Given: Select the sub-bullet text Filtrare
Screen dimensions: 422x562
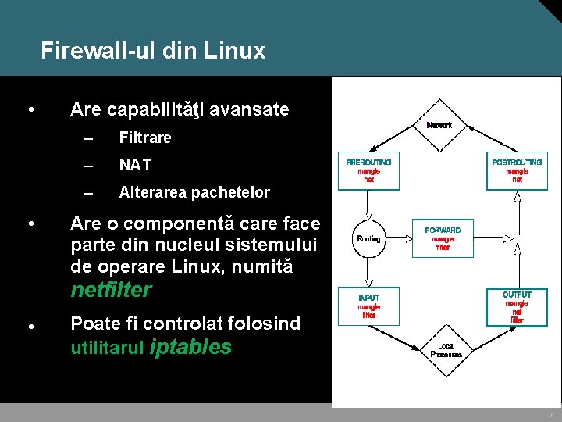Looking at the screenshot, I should (x=145, y=138).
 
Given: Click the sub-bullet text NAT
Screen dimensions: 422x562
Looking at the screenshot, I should (x=135, y=166).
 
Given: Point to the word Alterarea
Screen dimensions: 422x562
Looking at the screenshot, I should (x=152, y=192).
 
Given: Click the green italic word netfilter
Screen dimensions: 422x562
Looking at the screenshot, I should (x=111, y=291).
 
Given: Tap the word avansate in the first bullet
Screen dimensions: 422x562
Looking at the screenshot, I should (x=253, y=110).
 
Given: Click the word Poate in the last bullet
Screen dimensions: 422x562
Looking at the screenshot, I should (x=92, y=324).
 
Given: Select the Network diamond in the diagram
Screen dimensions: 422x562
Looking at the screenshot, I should (x=439, y=125).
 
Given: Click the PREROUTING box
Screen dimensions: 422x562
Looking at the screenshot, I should (x=368, y=170).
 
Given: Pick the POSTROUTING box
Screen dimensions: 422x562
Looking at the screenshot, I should (x=517, y=170).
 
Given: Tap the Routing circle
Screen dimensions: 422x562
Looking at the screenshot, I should (x=368, y=238).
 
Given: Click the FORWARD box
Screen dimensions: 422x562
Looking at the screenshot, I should (x=443, y=238).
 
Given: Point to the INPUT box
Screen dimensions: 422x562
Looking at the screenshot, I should (x=368, y=306).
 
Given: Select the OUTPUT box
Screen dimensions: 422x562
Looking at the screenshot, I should (x=517, y=306).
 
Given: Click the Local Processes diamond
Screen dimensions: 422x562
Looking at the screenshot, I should (x=446, y=350).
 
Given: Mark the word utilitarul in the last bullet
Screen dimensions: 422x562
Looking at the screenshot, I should (x=106, y=349).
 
